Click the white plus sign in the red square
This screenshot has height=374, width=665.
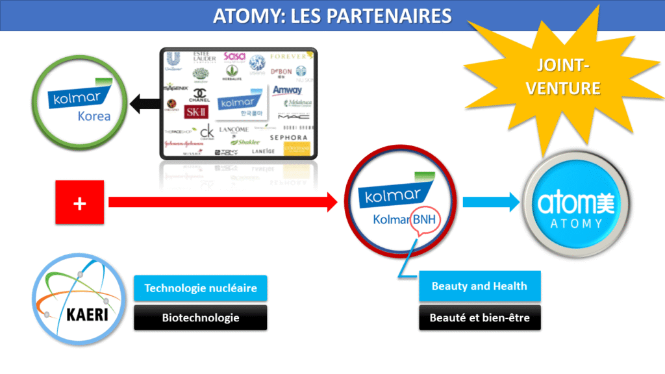[x=80, y=203]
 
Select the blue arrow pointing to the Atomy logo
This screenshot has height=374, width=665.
[x=492, y=203]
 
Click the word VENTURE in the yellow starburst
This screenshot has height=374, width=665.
[x=564, y=88]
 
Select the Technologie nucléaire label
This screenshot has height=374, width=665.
[x=200, y=288]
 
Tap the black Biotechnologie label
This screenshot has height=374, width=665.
[x=200, y=318]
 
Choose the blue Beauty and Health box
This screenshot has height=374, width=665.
[x=479, y=287]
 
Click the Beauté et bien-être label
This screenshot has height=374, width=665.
[x=479, y=318]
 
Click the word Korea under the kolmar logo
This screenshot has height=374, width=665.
[x=94, y=117]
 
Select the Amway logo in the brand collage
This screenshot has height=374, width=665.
[x=287, y=90]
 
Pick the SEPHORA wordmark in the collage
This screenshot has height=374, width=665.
[x=288, y=138]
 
